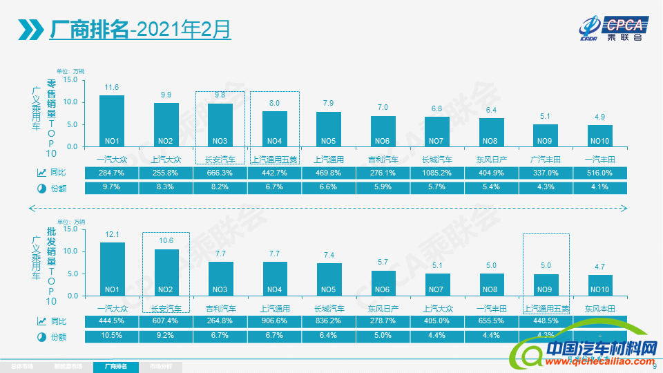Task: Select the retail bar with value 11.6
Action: click(x=112, y=121)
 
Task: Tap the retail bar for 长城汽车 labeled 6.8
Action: click(x=437, y=131)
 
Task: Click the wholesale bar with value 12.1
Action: click(x=112, y=269)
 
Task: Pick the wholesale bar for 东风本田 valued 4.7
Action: click(x=600, y=285)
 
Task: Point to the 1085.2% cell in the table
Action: click(x=437, y=173)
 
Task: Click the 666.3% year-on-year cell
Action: click(x=220, y=173)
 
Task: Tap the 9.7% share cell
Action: click(x=112, y=188)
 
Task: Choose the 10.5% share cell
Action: click(x=112, y=336)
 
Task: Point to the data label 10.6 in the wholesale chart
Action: click(x=166, y=240)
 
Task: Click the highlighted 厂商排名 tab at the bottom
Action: click(x=116, y=366)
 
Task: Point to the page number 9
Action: click(x=654, y=367)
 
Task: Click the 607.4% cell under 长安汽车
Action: click(x=166, y=321)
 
